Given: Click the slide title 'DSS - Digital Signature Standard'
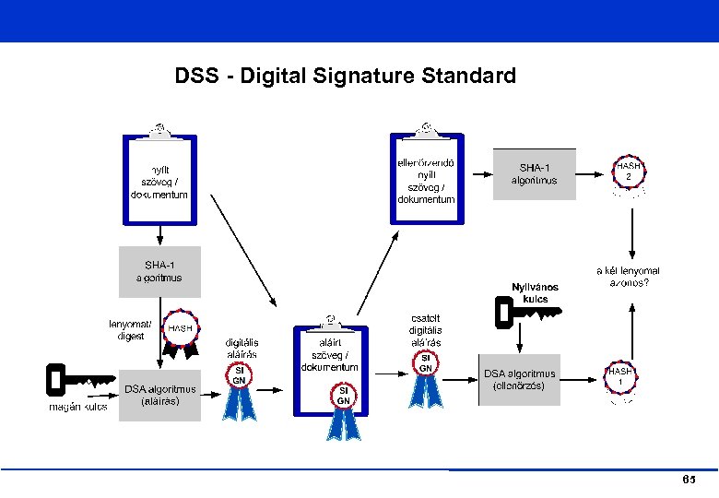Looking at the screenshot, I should [x=346, y=76].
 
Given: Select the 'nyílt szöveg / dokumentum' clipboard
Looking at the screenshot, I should [x=159, y=179].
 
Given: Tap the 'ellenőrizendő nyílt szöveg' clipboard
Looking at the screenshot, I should [x=425, y=178].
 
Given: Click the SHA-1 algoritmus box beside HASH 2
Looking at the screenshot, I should [x=534, y=173].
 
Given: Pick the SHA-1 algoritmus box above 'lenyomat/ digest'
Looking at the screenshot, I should [x=159, y=271].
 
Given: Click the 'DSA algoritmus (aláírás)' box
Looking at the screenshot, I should [x=159, y=395].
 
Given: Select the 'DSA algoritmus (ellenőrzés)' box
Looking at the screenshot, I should [x=520, y=380].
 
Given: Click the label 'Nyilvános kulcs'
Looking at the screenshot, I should [x=535, y=292].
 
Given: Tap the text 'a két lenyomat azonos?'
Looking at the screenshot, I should [x=628, y=277].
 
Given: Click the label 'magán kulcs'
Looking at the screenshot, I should [x=77, y=407].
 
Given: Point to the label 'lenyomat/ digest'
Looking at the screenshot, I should [x=130, y=330].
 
